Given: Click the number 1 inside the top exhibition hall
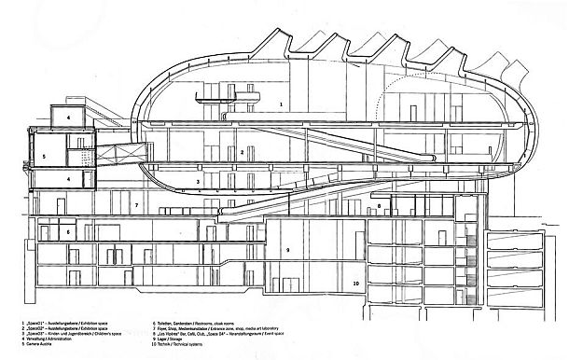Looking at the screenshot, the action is tap(282, 106).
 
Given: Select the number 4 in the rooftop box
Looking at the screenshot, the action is tap(68, 118).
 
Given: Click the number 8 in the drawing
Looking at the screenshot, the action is tap(288, 250).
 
